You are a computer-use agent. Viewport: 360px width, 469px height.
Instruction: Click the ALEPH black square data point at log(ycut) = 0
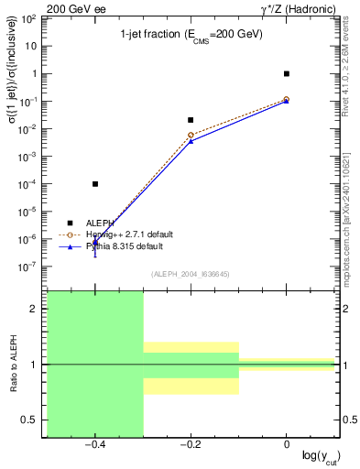click(x=287, y=73)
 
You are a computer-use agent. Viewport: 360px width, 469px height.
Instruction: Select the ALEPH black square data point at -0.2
click(x=191, y=120)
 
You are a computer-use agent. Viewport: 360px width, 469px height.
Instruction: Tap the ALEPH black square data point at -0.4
click(x=95, y=184)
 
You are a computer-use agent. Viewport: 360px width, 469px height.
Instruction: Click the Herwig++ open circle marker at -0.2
click(x=191, y=136)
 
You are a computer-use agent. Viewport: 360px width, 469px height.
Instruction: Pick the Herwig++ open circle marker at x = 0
click(x=287, y=99)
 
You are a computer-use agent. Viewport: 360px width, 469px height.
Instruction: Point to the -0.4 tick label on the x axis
click(x=93, y=446)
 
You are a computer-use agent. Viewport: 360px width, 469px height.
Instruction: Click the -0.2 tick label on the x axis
click(x=189, y=446)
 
